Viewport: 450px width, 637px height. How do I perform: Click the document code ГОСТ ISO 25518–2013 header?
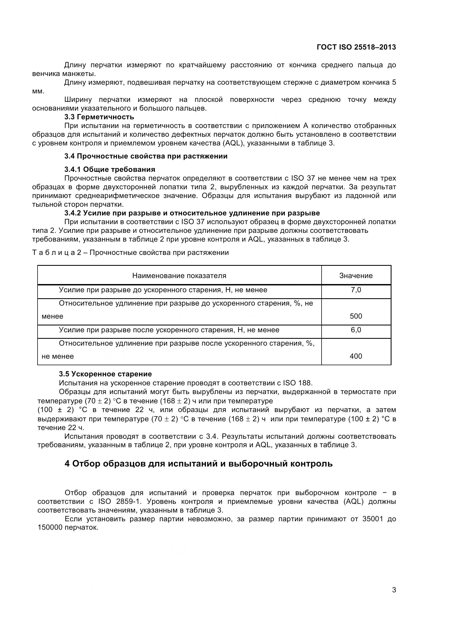coord(356,47)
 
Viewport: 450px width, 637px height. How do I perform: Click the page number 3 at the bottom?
coord(394,590)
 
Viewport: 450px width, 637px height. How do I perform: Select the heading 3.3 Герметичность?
coord(99,117)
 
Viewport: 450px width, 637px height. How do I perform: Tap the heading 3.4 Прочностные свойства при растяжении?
coord(146,156)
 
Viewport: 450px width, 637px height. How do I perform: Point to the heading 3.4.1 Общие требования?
coord(109,169)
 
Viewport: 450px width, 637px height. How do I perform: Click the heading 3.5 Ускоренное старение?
coord(105,374)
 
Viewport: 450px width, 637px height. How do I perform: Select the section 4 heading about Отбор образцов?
coord(198,464)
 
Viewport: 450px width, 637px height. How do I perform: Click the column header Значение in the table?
coord(356,276)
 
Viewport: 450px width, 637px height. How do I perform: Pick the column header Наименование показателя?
coord(179,276)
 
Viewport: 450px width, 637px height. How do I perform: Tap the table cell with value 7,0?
coord(356,290)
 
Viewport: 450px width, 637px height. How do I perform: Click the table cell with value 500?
coord(356,316)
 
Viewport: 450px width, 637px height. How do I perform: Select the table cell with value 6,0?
coord(356,330)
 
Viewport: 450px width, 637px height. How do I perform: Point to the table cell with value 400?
coord(356,356)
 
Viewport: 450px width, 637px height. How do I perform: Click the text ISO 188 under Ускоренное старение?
coord(297,383)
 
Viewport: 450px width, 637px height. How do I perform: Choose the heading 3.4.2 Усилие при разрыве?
coord(192,213)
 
